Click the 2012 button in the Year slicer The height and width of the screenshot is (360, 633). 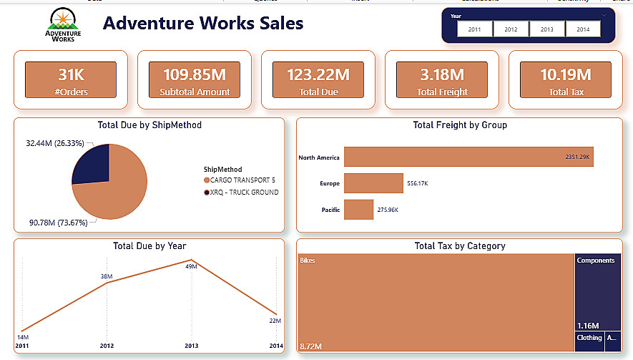click(x=511, y=29)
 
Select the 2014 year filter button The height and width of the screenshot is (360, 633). click(x=583, y=29)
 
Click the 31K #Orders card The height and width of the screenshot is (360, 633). click(x=71, y=79)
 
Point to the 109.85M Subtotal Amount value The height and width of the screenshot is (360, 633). click(x=195, y=74)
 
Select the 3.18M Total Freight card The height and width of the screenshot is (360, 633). click(x=442, y=79)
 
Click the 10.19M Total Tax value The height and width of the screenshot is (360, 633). click(x=565, y=74)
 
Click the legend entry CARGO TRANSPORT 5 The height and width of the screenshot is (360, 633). click(x=240, y=180)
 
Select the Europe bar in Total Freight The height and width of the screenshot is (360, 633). click(x=373, y=184)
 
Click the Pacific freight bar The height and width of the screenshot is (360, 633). click(x=359, y=210)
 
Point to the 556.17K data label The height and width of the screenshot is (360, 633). click(x=417, y=184)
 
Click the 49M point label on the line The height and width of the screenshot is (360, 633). click(x=190, y=267)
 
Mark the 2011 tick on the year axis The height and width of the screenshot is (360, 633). click(x=23, y=346)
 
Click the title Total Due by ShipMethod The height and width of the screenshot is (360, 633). click(x=149, y=125)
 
